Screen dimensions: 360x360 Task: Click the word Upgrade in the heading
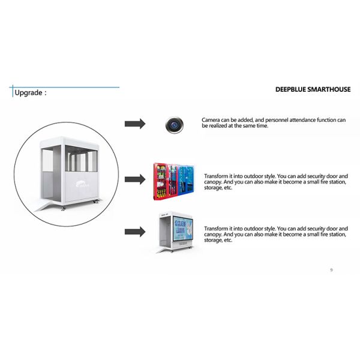pyautogui.click(x=28, y=93)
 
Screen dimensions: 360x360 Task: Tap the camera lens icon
pyautogui.click(x=174, y=124)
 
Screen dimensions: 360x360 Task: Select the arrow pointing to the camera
pyautogui.click(x=135, y=124)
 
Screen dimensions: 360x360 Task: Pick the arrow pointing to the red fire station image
pyautogui.click(x=135, y=178)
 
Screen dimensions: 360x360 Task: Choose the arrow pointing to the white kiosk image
pyautogui.click(x=135, y=232)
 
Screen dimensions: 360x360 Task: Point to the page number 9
pyautogui.click(x=331, y=270)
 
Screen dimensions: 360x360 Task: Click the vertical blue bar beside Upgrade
pyautogui.click(x=12, y=92)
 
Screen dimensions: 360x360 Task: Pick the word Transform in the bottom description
pyautogui.click(x=217, y=229)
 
